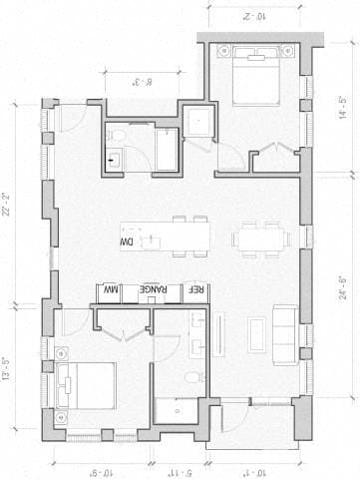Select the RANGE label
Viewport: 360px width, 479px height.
click(152, 289)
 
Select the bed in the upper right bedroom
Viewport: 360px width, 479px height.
click(257, 78)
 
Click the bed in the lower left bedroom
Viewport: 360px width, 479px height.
click(84, 387)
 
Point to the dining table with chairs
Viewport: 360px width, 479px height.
click(261, 239)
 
